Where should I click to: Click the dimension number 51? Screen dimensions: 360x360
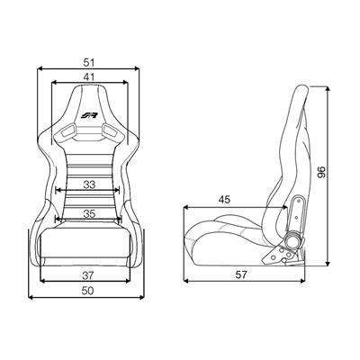click(89, 63)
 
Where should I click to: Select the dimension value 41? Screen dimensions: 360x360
click(89, 77)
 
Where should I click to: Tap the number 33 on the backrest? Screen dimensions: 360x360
click(89, 184)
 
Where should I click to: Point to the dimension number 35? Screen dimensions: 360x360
click(89, 213)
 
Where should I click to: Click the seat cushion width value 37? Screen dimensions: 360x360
click(88, 274)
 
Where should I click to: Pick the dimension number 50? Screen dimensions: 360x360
click(88, 291)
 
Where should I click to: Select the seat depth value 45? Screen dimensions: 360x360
click(224, 200)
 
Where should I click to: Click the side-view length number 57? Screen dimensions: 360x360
click(241, 274)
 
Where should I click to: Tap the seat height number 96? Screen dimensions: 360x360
click(321, 172)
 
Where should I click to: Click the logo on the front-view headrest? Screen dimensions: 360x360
click(89, 115)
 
